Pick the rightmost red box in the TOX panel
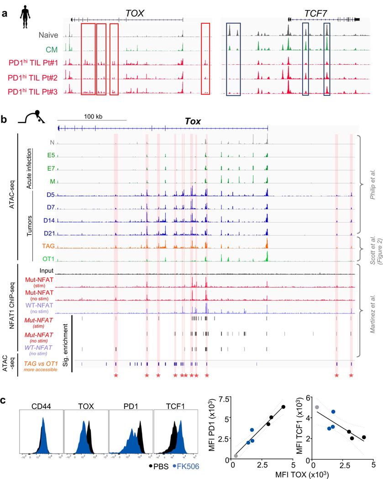(x=206, y=59)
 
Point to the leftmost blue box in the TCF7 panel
(x=233, y=59)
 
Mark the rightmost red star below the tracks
(x=351, y=375)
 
